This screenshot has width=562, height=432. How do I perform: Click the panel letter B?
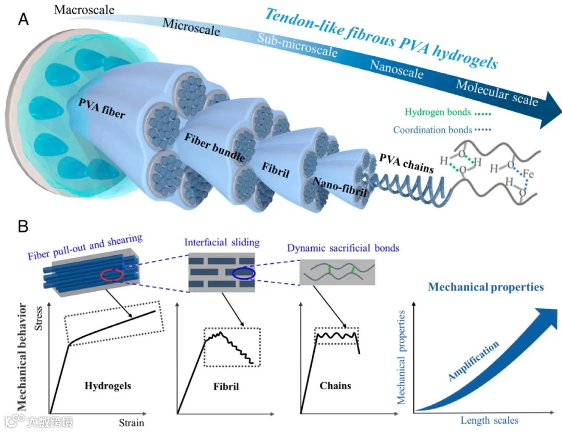[23, 227]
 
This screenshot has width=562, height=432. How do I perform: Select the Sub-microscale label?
[297, 46]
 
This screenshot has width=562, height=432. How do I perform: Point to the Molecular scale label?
[496, 93]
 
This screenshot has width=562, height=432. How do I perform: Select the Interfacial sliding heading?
[222, 243]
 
